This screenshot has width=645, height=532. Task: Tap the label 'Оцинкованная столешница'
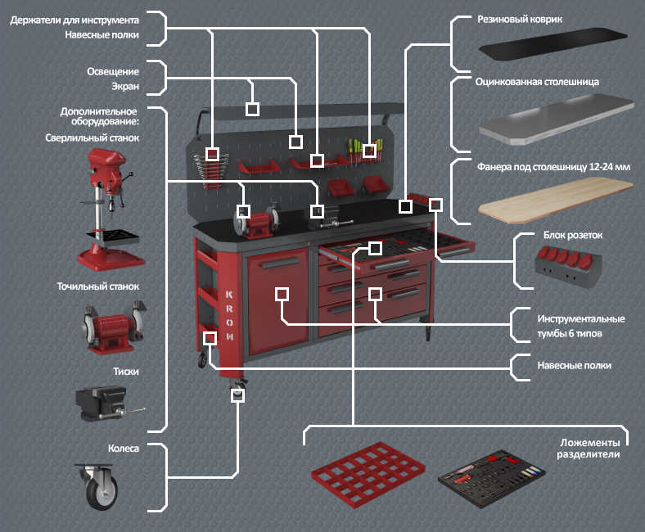(x=538, y=82)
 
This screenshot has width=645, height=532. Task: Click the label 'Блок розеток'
(x=572, y=235)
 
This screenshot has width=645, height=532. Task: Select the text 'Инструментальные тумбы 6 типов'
(x=581, y=326)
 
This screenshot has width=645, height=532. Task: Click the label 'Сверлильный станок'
(x=92, y=138)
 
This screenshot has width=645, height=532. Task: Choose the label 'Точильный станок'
(x=98, y=287)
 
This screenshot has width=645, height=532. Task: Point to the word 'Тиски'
(x=126, y=371)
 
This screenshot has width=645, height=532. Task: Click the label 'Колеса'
(x=124, y=449)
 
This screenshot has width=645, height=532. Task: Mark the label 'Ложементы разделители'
(x=588, y=447)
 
